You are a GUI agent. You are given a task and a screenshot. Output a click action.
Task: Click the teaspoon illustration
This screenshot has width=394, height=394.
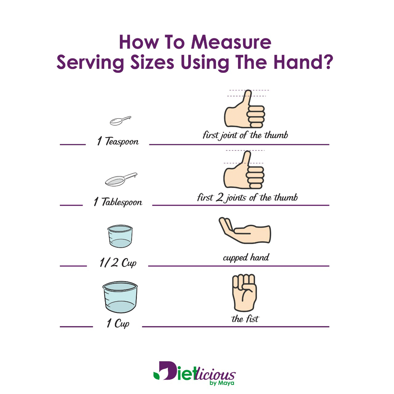[120, 121]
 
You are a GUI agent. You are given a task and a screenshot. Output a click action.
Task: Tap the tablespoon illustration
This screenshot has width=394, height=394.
[121, 179]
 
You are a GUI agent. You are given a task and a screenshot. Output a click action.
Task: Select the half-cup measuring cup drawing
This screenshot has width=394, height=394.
[120, 236]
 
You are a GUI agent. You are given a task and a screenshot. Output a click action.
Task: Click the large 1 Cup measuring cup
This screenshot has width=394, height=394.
[120, 297]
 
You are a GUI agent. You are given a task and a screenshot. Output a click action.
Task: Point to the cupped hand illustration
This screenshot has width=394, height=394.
[245, 231]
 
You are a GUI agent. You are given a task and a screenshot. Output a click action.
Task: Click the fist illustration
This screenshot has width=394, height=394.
[244, 293]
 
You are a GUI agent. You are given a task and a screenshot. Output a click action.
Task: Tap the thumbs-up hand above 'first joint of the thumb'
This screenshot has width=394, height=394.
[245, 109]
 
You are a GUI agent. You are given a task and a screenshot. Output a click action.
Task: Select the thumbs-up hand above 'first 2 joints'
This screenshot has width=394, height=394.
[244, 170]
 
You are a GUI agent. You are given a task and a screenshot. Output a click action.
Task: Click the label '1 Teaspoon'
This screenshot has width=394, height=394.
[118, 141]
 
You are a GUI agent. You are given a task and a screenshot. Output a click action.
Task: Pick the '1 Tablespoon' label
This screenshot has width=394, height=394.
[118, 202]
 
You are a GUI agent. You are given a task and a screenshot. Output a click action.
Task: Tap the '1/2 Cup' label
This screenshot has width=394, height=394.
[118, 263]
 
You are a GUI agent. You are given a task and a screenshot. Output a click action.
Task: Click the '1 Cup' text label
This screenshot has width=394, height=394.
[118, 323]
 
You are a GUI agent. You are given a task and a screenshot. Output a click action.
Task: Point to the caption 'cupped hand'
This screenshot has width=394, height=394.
[246, 257]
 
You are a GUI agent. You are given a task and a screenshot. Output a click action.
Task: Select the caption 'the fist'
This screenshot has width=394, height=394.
[245, 319]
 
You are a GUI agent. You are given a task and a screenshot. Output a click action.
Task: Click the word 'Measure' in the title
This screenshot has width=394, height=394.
[231, 42]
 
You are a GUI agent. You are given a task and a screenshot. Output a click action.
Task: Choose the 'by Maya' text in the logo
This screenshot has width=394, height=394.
[222, 383]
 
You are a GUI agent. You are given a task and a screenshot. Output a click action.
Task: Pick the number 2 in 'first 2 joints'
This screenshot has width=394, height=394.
[220, 197]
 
